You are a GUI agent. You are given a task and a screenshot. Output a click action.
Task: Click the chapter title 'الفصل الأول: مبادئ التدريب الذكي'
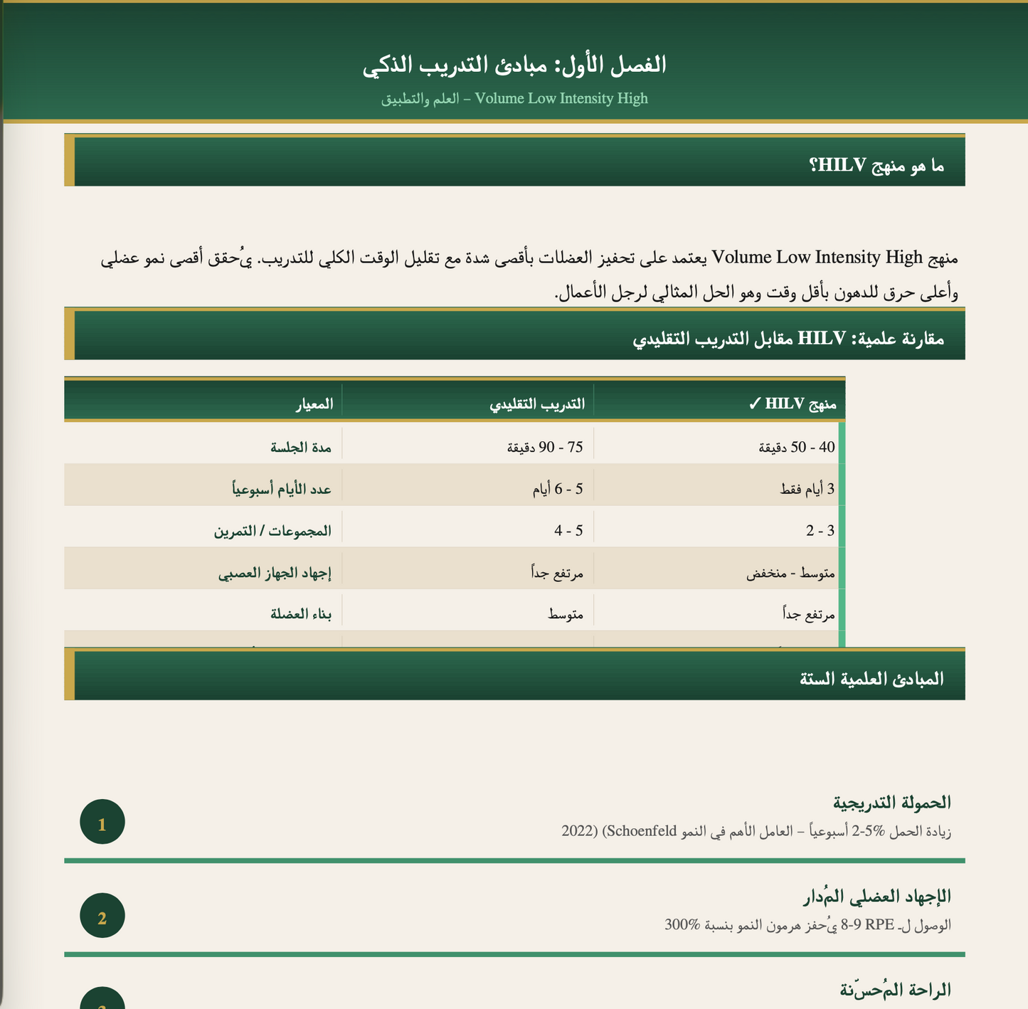pos(514,65)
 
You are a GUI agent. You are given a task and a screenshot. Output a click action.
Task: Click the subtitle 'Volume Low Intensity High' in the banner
pos(561,98)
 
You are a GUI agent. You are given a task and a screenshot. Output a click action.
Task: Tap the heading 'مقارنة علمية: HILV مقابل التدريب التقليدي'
pos(788,339)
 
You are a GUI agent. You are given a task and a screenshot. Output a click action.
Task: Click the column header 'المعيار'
pos(314,404)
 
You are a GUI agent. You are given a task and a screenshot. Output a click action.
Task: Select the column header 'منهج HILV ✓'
pos(792,404)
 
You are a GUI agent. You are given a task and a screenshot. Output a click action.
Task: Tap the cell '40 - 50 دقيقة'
pos(796,447)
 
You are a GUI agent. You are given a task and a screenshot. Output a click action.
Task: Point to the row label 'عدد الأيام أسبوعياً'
pos(281,489)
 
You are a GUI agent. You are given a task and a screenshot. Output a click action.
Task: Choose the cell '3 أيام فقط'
pos(807,489)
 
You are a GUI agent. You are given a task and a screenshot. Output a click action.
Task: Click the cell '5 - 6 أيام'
pos(558,489)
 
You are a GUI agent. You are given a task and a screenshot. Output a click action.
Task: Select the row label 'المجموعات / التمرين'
pos(272,531)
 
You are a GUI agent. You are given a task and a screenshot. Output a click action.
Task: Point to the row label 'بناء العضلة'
pos(301,614)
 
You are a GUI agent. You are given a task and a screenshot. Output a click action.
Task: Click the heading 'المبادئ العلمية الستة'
pos(871,678)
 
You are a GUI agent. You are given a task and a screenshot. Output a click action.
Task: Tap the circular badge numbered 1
pos(102,823)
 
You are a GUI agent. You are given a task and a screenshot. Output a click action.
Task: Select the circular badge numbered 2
pos(102,917)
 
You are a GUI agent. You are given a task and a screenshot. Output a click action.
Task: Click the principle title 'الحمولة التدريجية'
pos(891,803)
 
